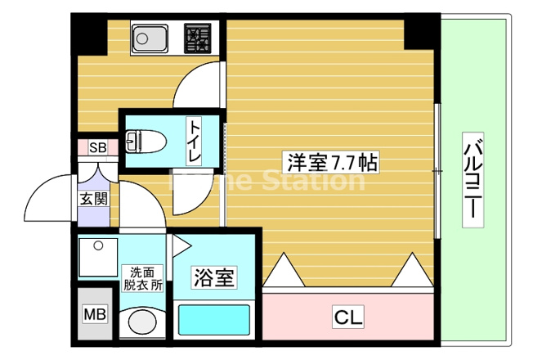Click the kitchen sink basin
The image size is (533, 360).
click(x=150, y=38)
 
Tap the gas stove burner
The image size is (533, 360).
click(x=198, y=38)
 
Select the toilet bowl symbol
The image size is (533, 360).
click(x=146, y=142)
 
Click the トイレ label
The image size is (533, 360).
click(x=195, y=142)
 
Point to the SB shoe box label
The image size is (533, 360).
click(x=97, y=147)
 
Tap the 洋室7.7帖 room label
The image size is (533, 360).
click(x=331, y=162)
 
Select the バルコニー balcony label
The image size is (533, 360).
click(x=473, y=180)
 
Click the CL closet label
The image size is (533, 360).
click(x=348, y=317)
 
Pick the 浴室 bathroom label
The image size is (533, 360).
click(x=214, y=277)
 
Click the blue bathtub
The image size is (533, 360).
click(x=214, y=320)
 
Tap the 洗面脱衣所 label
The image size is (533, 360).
click(x=143, y=279)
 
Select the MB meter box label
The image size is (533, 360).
click(x=95, y=314)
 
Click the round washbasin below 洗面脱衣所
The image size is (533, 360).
click(x=142, y=322)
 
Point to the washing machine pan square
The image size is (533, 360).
click(x=98, y=257)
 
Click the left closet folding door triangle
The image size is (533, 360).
click(x=283, y=269)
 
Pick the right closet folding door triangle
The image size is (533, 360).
click(x=412, y=269)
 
